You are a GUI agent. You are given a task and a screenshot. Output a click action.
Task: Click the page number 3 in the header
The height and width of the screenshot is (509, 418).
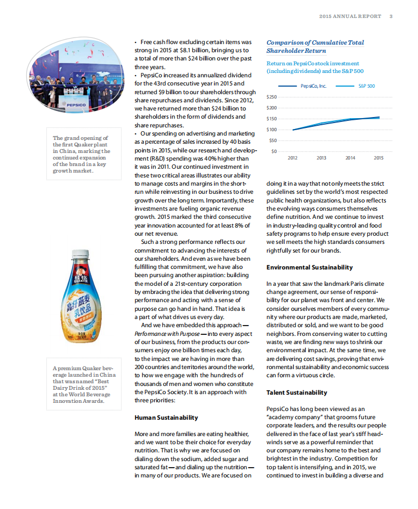391,16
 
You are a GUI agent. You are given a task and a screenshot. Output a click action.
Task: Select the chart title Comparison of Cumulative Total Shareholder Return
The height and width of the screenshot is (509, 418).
315,46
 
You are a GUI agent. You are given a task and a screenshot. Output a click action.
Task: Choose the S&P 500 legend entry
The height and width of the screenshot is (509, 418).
366,86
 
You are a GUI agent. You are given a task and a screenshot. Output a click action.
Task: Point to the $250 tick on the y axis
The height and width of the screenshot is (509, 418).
271,97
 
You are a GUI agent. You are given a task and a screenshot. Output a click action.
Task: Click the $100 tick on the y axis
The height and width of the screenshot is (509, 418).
271,130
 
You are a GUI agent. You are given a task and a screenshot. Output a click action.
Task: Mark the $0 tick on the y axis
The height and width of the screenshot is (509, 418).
274,151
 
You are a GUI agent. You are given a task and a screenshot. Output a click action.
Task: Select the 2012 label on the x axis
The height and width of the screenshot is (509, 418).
293,158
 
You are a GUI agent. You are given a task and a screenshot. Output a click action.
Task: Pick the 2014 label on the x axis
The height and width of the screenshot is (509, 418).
350,158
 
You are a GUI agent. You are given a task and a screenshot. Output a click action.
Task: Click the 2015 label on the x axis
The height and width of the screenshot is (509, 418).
378,158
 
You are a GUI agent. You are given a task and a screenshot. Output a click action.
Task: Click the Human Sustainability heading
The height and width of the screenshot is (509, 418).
166,418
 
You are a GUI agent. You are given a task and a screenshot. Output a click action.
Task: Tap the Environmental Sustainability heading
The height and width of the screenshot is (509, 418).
309,267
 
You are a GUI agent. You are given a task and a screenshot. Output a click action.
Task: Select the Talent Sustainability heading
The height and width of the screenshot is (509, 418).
296,393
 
